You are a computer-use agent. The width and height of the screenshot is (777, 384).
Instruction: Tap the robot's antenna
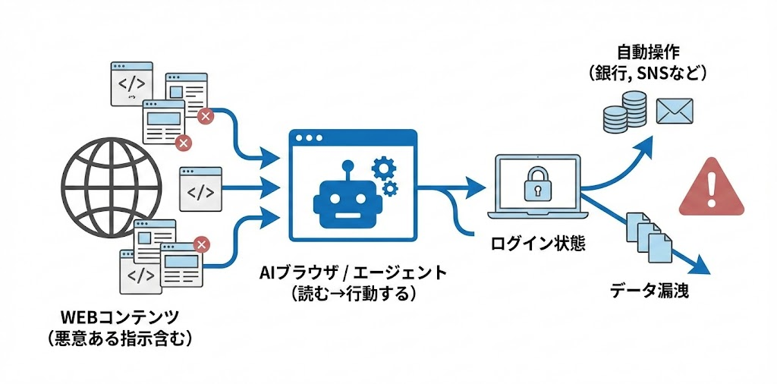(348, 165)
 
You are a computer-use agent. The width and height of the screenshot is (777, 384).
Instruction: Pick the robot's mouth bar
(348, 213)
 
